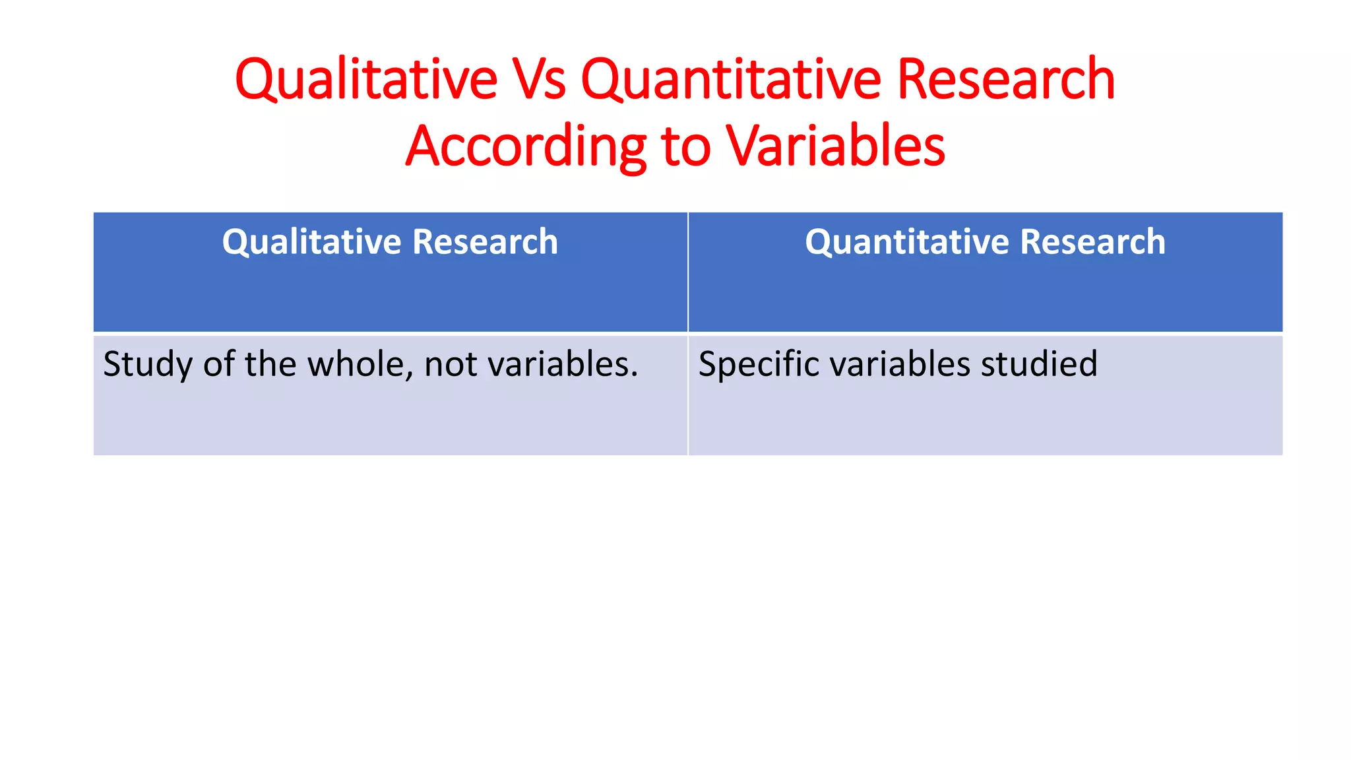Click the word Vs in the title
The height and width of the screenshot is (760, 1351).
[x=538, y=79]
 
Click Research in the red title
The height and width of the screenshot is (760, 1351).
[x=1005, y=79]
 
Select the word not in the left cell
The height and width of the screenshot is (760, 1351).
[x=451, y=364]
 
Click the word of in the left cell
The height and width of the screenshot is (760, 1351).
[x=218, y=364]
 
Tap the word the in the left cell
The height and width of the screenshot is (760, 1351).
[x=270, y=364]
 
